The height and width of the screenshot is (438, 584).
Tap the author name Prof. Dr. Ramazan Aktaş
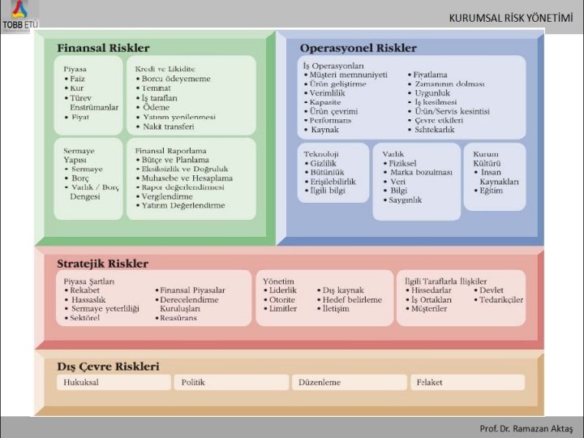(x=526, y=427)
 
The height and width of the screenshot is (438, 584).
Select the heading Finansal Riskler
(x=103, y=49)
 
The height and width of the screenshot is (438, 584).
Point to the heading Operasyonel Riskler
(x=358, y=49)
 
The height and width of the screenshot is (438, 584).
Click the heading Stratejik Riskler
(x=102, y=264)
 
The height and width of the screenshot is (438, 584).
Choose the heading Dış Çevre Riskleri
(x=108, y=366)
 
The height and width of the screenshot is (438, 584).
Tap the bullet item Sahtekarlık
(x=439, y=129)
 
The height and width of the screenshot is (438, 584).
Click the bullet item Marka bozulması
(x=420, y=173)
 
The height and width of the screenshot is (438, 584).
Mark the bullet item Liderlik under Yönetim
(x=283, y=290)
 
